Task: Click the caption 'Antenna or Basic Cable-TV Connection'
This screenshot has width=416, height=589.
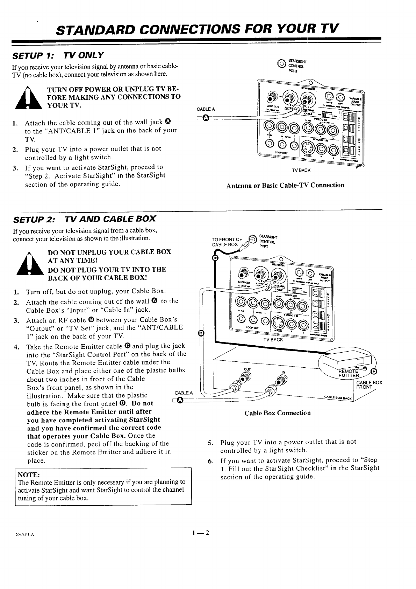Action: (285, 185)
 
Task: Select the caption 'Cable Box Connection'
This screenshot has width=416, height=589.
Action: (277, 413)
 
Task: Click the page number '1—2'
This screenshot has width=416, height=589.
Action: (200, 533)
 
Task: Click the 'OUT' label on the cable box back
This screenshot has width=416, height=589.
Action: (247, 369)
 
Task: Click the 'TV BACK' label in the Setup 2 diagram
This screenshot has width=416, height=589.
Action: (273, 340)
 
